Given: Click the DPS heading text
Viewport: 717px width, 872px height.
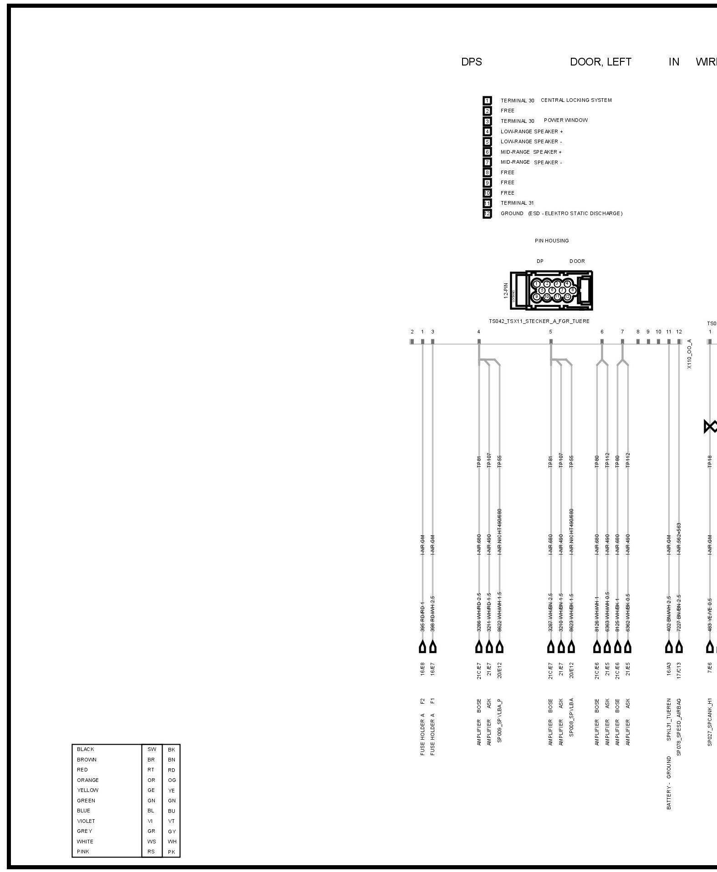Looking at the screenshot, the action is [x=471, y=62].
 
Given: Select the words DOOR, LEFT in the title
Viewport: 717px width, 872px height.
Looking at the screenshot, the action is [x=600, y=62].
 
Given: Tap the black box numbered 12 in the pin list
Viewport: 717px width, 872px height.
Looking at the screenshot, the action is [x=487, y=213].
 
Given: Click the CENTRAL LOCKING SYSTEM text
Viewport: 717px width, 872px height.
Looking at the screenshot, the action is [x=576, y=100].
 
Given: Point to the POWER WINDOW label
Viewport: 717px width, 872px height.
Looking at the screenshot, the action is [x=565, y=121].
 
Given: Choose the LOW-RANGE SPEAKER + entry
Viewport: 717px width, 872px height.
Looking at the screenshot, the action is [x=531, y=131].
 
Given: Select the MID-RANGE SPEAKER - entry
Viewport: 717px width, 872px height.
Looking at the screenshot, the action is [x=531, y=162].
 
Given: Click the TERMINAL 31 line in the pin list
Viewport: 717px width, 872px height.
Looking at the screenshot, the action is [x=517, y=203].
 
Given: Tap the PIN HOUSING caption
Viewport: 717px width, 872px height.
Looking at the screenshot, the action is [x=551, y=241].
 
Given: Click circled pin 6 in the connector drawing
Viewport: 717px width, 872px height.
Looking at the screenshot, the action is [x=552, y=290].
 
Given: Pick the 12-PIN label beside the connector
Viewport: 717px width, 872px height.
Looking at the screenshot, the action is [x=506, y=290].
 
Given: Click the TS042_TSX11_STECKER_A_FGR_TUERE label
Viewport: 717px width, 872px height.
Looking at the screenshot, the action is [x=539, y=321].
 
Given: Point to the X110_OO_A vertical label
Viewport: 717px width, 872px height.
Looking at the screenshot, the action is [x=689, y=354].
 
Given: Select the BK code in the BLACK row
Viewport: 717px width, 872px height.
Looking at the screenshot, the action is [x=171, y=750].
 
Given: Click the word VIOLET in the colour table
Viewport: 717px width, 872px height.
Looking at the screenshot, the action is [x=86, y=821].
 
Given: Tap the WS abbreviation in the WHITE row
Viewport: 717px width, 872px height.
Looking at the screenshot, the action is [x=151, y=842].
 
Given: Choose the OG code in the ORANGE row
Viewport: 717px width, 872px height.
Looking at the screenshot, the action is [x=172, y=780].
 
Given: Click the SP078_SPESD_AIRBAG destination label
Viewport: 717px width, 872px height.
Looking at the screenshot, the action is [x=679, y=727].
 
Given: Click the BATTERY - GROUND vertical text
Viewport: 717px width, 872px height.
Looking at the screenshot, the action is [x=669, y=783].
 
